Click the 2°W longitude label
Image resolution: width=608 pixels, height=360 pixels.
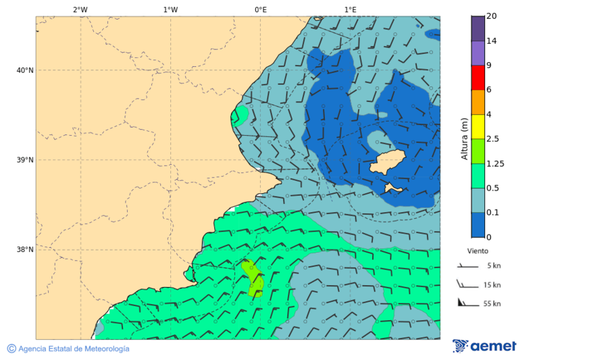(80, 9)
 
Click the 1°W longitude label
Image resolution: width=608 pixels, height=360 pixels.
(170, 9)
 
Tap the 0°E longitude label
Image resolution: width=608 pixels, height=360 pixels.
(260, 9)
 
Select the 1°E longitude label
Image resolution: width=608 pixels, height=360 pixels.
(350, 9)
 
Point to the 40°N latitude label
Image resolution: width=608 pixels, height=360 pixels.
(25, 70)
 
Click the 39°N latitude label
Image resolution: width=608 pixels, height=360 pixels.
(25, 160)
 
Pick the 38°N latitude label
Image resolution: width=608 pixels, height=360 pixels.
(25, 249)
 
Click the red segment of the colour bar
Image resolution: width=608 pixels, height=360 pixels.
(478, 78)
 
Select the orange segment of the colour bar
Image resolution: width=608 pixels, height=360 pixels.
(478, 102)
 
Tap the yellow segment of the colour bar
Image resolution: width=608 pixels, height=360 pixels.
(478, 126)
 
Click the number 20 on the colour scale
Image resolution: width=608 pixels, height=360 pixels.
(491, 16)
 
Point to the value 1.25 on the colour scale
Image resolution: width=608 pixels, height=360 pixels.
(495, 163)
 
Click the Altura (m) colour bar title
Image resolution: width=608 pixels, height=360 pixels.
(464, 138)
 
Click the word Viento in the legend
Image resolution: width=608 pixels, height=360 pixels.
(478, 251)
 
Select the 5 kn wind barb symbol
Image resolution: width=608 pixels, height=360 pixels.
(465, 266)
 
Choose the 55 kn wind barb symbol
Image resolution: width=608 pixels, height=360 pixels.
(465, 303)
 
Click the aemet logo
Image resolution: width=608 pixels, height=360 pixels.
(484, 346)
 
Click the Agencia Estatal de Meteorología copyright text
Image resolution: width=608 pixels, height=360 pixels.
(68, 349)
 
